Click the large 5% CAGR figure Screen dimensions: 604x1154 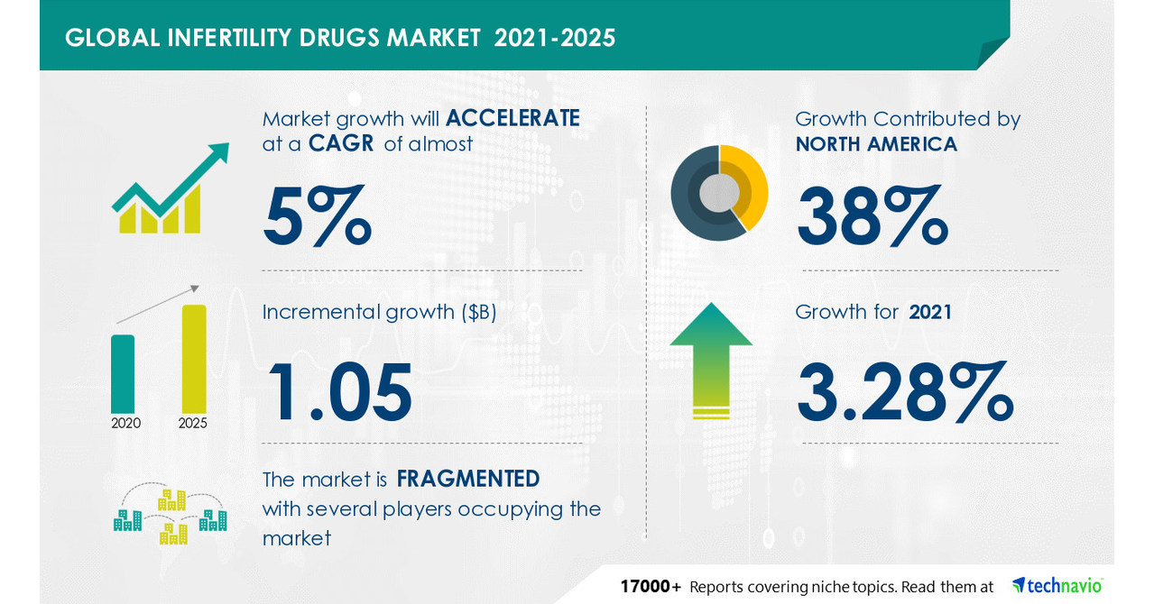tap(317, 216)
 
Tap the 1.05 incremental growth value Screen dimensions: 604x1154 tap(337, 392)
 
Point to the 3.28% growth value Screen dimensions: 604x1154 tap(905, 392)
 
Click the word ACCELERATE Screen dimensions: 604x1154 tap(512, 119)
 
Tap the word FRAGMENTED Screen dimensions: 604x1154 tap(468, 479)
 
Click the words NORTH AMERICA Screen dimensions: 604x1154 tap(876, 144)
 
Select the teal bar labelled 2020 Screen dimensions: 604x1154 tap(123, 373)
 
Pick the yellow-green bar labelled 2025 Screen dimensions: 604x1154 tap(194, 359)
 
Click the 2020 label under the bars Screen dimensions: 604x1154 tap(125, 423)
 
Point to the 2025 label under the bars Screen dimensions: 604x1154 tap(193, 423)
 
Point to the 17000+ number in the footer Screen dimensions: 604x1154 tap(650, 587)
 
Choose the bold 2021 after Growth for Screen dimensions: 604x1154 tap(931, 312)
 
